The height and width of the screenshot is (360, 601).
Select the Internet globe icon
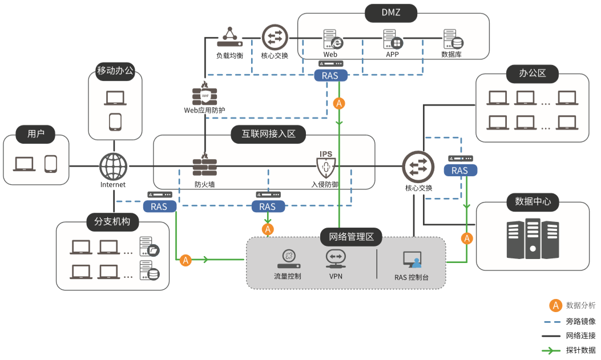coord(113,167)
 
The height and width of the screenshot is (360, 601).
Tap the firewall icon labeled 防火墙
coord(205,166)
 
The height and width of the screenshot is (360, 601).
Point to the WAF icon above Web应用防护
coord(205,94)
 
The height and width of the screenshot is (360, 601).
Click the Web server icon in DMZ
coord(332,40)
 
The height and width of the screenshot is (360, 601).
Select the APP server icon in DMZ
coord(393,40)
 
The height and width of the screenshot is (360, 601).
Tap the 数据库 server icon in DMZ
coord(453,40)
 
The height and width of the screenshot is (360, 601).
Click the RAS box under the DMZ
coord(330,75)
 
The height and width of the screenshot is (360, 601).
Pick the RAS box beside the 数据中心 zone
coord(459,170)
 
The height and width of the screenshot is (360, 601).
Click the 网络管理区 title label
coord(347,236)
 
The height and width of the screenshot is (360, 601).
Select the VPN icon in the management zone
coord(335,259)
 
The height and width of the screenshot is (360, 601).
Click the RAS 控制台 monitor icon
coord(413,260)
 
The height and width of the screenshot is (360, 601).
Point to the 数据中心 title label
coord(533,201)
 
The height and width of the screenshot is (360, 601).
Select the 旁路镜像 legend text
coord(580,321)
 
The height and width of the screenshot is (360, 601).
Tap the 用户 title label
coord(36,135)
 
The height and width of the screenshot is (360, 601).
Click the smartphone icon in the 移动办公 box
coord(115,122)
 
